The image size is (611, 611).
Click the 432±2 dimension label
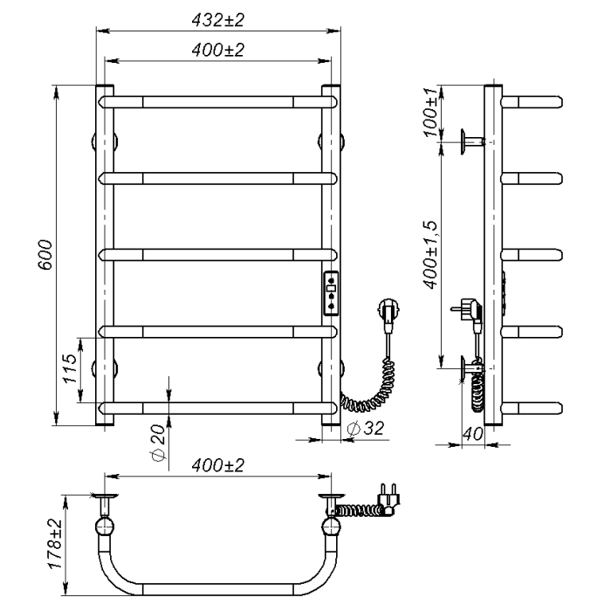(x=218, y=20)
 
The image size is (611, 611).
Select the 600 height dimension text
(x=45, y=255)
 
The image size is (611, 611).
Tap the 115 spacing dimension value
(x=71, y=368)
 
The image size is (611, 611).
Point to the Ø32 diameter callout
(x=366, y=429)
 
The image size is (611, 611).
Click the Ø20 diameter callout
(x=159, y=443)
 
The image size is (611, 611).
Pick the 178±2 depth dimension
(x=55, y=544)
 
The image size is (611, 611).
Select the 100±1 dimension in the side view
(x=431, y=113)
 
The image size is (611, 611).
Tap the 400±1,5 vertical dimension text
(x=431, y=255)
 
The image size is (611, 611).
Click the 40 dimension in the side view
(x=473, y=433)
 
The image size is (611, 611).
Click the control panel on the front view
(x=331, y=293)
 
